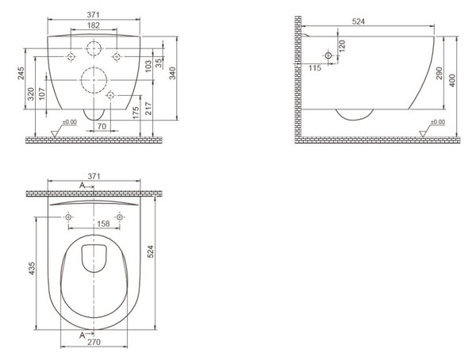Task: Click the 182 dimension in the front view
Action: click(x=93, y=25)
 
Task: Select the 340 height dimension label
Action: click(x=172, y=74)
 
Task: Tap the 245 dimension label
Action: click(x=21, y=74)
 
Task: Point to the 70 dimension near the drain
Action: click(x=102, y=126)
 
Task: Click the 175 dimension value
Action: click(x=136, y=113)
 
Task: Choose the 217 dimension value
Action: click(x=148, y=109)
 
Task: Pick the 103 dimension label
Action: click(x=148, y=66)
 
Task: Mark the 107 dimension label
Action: click(x=42, y=94)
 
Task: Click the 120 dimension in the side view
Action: click(x=342, y=46)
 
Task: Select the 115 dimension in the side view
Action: click(x=315, y=68)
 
